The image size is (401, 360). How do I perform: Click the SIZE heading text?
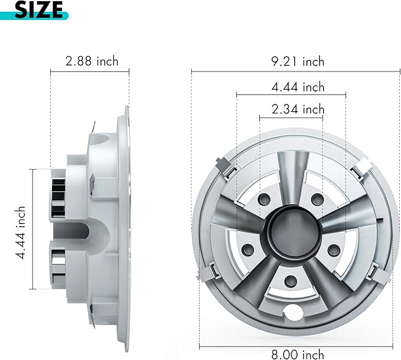click(38, 9)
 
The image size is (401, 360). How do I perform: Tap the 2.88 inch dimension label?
click(92, 61)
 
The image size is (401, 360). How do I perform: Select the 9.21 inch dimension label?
click(298, 62)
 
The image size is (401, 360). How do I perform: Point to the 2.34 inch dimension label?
click(298, 109)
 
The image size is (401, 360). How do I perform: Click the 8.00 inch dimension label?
click(298, 354)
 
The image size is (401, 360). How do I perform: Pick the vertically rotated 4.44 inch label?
click(20, 233)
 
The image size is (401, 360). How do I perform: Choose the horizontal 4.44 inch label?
click(298, 87)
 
